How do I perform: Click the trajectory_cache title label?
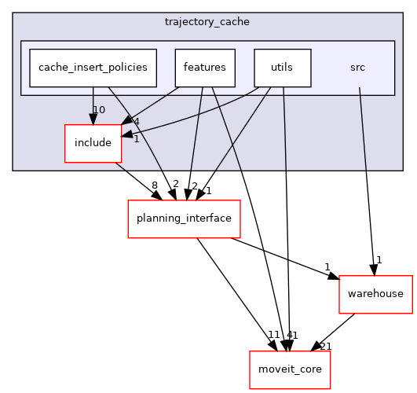(207, 21)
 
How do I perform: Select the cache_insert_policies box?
(93, 68)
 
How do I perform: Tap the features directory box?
(204, 68)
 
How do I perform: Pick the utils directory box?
(282, 68)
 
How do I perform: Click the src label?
(357, 68)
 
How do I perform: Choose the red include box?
(93, 143)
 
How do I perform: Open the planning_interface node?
(184, 219)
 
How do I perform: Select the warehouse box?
(375, 294)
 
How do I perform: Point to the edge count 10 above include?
(99, 109)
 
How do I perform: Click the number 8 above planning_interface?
(154, 185)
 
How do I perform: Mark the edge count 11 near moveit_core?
(274, 335)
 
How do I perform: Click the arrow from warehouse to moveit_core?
(335, 330)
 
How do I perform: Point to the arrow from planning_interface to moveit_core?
(236, 295)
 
